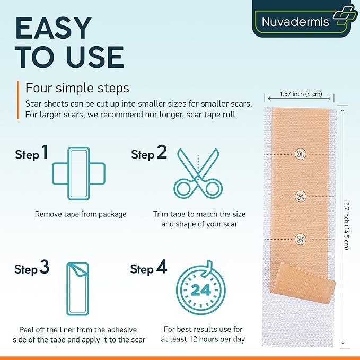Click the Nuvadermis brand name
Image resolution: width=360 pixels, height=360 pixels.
tap(295, 22)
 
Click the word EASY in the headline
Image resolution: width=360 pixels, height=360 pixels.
tap(53, 28)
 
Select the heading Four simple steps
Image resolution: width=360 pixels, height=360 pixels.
tap(77, 87)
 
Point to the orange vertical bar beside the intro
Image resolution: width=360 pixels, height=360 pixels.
tap(18, 100)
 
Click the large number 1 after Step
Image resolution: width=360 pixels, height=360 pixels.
tap(45, 152)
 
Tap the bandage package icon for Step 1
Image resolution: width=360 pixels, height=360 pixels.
tap(78, 173)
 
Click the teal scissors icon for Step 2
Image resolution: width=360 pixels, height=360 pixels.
tap(198, 173)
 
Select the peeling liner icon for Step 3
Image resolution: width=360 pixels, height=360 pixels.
tap(77, 289)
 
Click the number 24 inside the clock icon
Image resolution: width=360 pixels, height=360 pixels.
tap(200, 290)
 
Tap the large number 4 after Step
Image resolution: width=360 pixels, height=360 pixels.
tap(162, 267)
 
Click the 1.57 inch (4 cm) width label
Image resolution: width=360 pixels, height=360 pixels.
tap(301, 94)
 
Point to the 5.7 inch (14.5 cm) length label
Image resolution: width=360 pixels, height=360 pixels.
tap(347, 225)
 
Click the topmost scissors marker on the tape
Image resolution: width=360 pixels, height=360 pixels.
tap(300, 154)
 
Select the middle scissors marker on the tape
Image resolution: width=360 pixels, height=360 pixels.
tap(300, 197)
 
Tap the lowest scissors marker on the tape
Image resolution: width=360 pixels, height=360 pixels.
tap(300, 239)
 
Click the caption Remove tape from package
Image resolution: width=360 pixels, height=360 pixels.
tap(81, 214)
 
